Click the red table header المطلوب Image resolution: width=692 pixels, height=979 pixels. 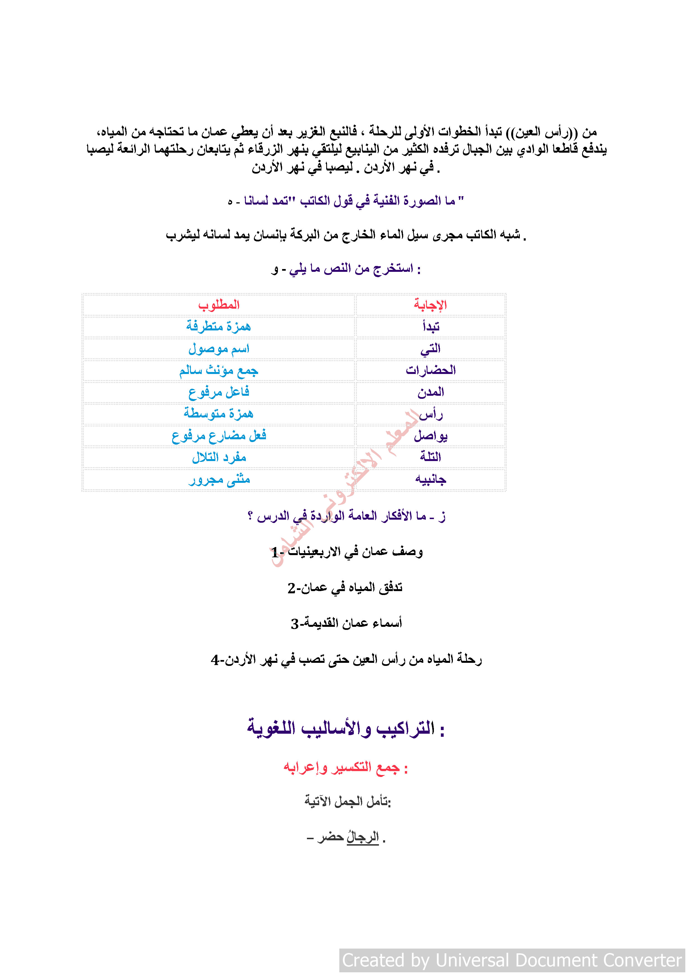[x=219, y=305]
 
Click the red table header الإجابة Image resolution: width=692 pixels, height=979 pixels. [x=430, y=305]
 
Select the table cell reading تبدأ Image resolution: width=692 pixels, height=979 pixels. [x=431, y=327]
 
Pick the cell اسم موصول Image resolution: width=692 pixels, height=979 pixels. [x=219, y=349]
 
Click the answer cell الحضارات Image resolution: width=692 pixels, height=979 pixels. [x=431, y=370]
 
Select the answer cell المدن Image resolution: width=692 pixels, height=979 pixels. [x=431, y=392]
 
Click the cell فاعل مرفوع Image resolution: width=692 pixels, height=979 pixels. [x=219, y=392]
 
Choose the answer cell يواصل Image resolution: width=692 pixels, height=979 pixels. [x=431, y=436]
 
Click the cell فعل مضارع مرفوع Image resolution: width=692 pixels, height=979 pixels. [x=219, y=436]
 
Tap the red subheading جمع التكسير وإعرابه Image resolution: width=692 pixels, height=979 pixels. [x=345, y=767]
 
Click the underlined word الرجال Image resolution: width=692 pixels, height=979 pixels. [x=362, y=837]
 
